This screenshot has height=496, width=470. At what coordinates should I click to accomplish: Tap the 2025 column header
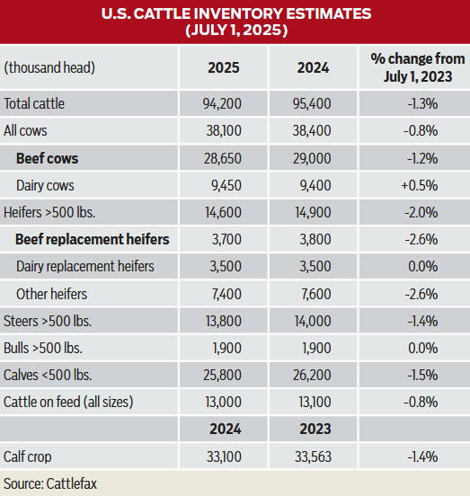pos(223,67)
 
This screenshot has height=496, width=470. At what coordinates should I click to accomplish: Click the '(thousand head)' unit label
pos(49,67)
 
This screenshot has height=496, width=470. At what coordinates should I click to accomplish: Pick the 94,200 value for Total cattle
pos(223,103)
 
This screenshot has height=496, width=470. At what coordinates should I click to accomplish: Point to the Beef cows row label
pos(47,158)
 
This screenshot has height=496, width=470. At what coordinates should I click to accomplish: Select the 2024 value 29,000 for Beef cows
pos(312,158)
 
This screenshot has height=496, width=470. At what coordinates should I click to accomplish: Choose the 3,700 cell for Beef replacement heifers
pos(223,240)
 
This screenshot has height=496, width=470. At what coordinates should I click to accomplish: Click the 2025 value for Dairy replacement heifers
pos(223,267)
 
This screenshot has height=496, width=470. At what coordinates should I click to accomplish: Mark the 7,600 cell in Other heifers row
pos(312,294)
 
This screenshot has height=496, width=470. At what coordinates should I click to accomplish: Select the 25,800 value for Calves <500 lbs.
pos(223,375)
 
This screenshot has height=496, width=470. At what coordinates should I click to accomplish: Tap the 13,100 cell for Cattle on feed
pos(312,402)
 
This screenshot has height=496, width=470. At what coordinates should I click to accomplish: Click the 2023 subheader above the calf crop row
pos(312,429)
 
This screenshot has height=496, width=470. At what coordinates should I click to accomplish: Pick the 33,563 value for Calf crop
pos(312,456)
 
